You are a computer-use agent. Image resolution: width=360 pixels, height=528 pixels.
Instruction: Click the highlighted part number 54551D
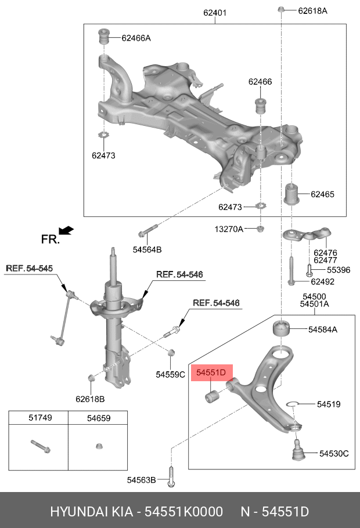click(213, 373)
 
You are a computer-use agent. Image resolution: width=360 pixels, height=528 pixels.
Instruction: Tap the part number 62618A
click(312, 10)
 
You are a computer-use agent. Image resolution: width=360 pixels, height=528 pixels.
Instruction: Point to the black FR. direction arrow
click(66, 231)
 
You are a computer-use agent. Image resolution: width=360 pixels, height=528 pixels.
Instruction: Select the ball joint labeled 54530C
click(297, 450)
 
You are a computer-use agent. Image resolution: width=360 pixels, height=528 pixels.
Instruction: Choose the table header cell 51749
click(38, 417)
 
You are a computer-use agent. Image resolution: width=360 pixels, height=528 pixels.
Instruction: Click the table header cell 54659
click(99, 417)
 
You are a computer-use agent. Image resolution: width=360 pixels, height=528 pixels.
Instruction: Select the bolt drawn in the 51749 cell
click(39, 446)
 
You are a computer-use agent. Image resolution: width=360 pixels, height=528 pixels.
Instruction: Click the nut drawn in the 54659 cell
click(99, 447)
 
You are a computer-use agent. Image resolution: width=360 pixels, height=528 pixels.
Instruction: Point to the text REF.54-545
click(29, 268)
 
